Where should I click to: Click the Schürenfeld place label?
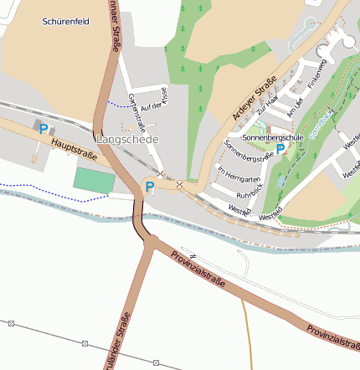coord(66,22)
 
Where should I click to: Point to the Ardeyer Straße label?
coord(254,98)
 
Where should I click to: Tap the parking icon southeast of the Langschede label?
coord(149,186)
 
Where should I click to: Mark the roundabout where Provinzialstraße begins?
coord(152,241)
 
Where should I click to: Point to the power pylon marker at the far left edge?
coord(12,323)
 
